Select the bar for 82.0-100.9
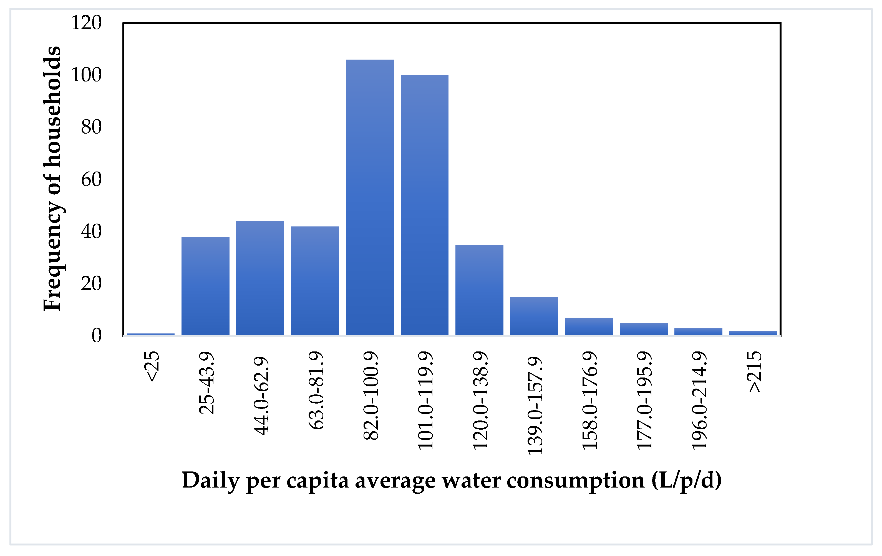click(370, 198)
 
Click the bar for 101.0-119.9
click(425, 205)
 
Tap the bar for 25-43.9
click(205, 286)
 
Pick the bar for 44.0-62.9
click(260, 278)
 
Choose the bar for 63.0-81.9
click(315, 281)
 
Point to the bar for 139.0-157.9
click(534, 316)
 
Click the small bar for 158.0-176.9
click(589, 326)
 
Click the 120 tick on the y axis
click(86, 23)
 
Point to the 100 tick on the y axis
click(86, 75)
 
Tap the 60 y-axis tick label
click(91, 179)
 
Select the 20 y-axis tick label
click(91, 284)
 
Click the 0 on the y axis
click(96, 335)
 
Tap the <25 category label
click(152, 366)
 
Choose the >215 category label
click(754, 372)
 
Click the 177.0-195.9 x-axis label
click(644, 401)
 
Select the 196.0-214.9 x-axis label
click(699, 401)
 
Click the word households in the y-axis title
click(52, 106)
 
